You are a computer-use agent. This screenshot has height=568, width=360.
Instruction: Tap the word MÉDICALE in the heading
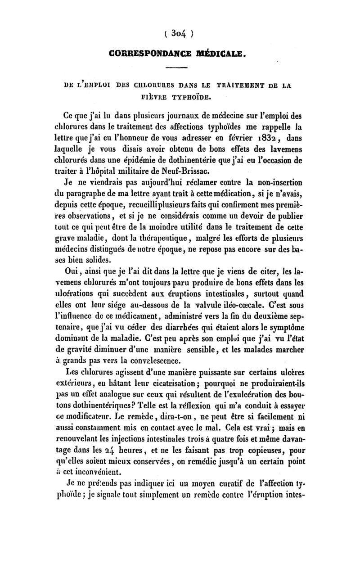pyautogui.click(x=220, y=55)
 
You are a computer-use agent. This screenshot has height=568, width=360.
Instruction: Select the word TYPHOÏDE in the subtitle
pyautogui.click(x=194, y=95)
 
